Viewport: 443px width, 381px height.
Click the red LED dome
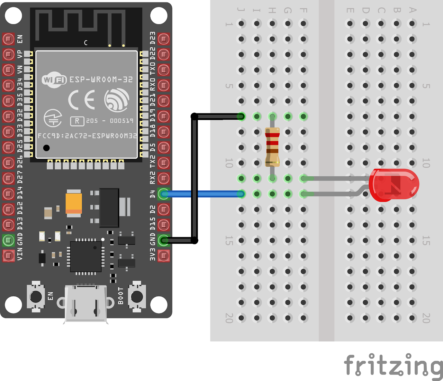pos(395,185)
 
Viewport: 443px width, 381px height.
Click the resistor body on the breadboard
pos(272,147)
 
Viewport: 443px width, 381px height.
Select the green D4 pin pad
pos(164,194)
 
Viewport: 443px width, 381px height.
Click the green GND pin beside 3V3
pos(164,240)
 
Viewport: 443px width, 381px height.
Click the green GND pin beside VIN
pos(8,240)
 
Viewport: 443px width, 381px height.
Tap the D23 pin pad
pos(164,39)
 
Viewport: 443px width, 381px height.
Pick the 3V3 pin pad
pos(164,256)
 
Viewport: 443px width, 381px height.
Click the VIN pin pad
pos(8,255)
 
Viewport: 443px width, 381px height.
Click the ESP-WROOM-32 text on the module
pos(101,80)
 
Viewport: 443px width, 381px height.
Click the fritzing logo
pos(393,366)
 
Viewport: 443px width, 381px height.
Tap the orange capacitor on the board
pos(74,203)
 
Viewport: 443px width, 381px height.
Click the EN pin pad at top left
pos(8,39)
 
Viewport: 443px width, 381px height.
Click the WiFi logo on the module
pos(54,80)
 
